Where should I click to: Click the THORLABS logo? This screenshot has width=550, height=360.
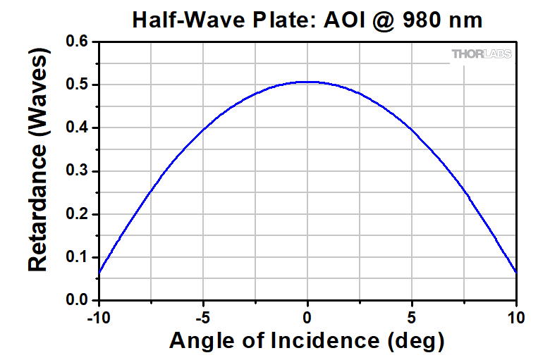[x=482, y=54]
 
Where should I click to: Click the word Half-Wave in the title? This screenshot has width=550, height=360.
[x=185, y=20]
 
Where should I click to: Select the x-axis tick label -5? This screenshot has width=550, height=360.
[x=202, y=316]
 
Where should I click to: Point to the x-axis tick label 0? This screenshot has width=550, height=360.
[x=307, y=316]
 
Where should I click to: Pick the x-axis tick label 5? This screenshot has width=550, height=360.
[x=412, y=316]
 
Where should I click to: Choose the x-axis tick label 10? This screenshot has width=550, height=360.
[x=517, y=316]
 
